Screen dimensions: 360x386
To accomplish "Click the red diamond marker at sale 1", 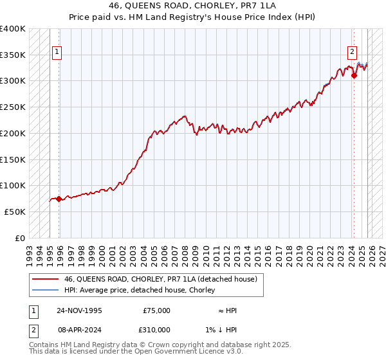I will (x=59, y=199).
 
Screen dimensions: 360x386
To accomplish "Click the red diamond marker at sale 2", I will (x=354, y=75).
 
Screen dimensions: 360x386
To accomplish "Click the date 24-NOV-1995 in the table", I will (x=79, y=310).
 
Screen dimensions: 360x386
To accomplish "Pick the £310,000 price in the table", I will (x=156, y=330).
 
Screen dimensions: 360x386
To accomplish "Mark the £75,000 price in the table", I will (x=156, y=310).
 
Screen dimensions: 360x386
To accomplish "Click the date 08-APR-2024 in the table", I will (x=79, y=330).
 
